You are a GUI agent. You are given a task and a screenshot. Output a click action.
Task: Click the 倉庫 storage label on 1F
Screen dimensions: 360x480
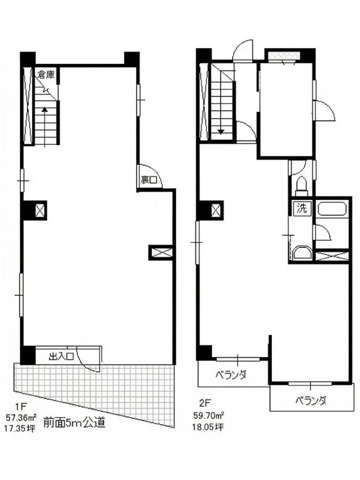[x=46, y=74]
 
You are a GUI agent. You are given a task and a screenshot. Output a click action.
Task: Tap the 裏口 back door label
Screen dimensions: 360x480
[x=149, y=180]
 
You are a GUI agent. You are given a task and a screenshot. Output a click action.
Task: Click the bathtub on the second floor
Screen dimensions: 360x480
[x=332, y=209]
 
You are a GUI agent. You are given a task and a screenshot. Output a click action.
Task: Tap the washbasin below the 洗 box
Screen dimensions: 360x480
[x=302, y=253]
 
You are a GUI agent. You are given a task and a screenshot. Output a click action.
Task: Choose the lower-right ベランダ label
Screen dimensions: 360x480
[x=311, y=400]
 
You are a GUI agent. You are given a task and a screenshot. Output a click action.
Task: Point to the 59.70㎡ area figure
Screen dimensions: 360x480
[x=208, y=415]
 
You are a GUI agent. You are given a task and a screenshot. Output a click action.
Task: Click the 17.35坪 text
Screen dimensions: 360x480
[x=20, y=428]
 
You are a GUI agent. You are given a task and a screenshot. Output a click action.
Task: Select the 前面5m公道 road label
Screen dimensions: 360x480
[x=75, y=422]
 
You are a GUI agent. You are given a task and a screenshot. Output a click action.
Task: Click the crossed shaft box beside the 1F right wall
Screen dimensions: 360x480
[x=161, y=252]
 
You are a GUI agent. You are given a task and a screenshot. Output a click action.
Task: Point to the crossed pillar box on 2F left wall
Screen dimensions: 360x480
[x=216, y=210]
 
